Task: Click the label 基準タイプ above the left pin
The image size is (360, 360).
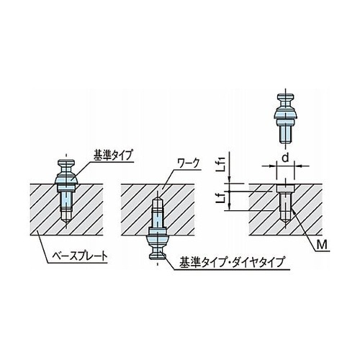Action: (113, 156)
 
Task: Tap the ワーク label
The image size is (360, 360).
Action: (188, 164)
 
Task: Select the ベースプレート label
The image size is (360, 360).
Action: (80, 256)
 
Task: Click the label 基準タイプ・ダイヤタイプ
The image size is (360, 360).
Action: (232, 262)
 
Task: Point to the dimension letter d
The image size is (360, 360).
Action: (285, 158)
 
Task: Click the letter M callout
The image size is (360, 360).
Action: (322, 245)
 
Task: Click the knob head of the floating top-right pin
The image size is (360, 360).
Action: (285, 98)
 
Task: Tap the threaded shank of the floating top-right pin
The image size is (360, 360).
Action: (285, 135)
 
